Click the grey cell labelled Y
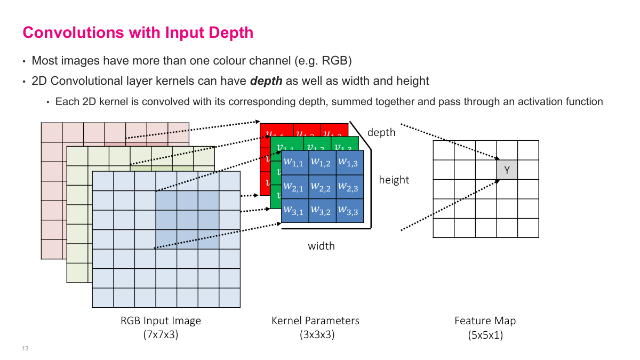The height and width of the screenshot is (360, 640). [x=507, y=170]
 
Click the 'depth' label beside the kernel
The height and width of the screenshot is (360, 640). [x=381, y=132]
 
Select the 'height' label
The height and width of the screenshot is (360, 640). [x=394, y=180]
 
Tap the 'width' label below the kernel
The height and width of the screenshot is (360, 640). [x=322, y=246]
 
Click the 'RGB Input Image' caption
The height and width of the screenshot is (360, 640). [x=161, y=321]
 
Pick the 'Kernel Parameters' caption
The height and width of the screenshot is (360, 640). [x=316, y=321]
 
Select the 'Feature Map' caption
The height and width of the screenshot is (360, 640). [x=485, y=321]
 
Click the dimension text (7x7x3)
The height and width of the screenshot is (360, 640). [x=161, y=335]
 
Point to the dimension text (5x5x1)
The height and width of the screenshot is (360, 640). [x=485, y=335]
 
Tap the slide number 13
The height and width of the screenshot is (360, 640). [x=25, y=349]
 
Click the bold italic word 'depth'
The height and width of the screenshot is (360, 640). [x=266, y=81]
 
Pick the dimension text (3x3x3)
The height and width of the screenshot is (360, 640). [x=316, y=335]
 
